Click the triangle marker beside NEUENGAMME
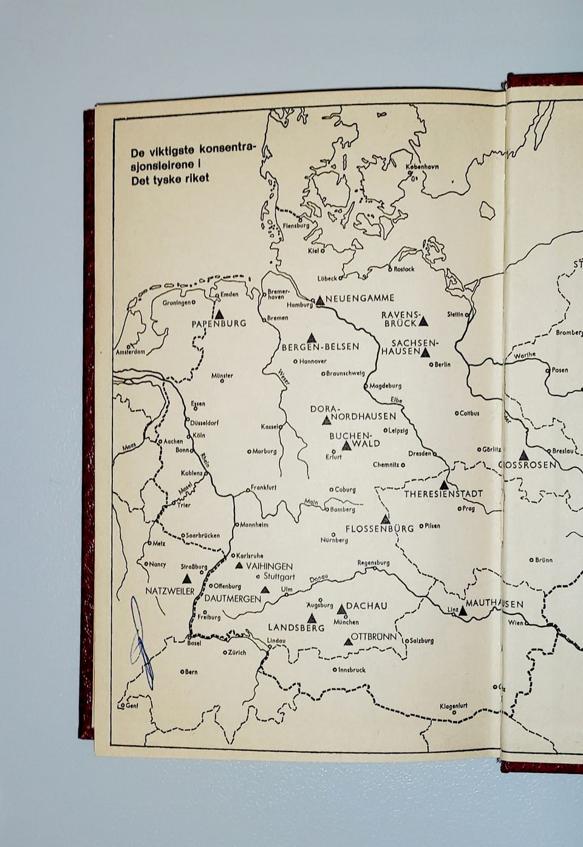[320, 300]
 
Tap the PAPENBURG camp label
[219, 323]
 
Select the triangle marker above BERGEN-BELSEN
[312, 337]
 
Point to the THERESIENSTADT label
[443, 494]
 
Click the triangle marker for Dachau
[341, 608]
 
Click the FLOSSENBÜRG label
[380, 529]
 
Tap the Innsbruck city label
[352, 670]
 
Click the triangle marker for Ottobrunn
[349, 640]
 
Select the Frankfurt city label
[263, 487]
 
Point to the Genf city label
[131, 706]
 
